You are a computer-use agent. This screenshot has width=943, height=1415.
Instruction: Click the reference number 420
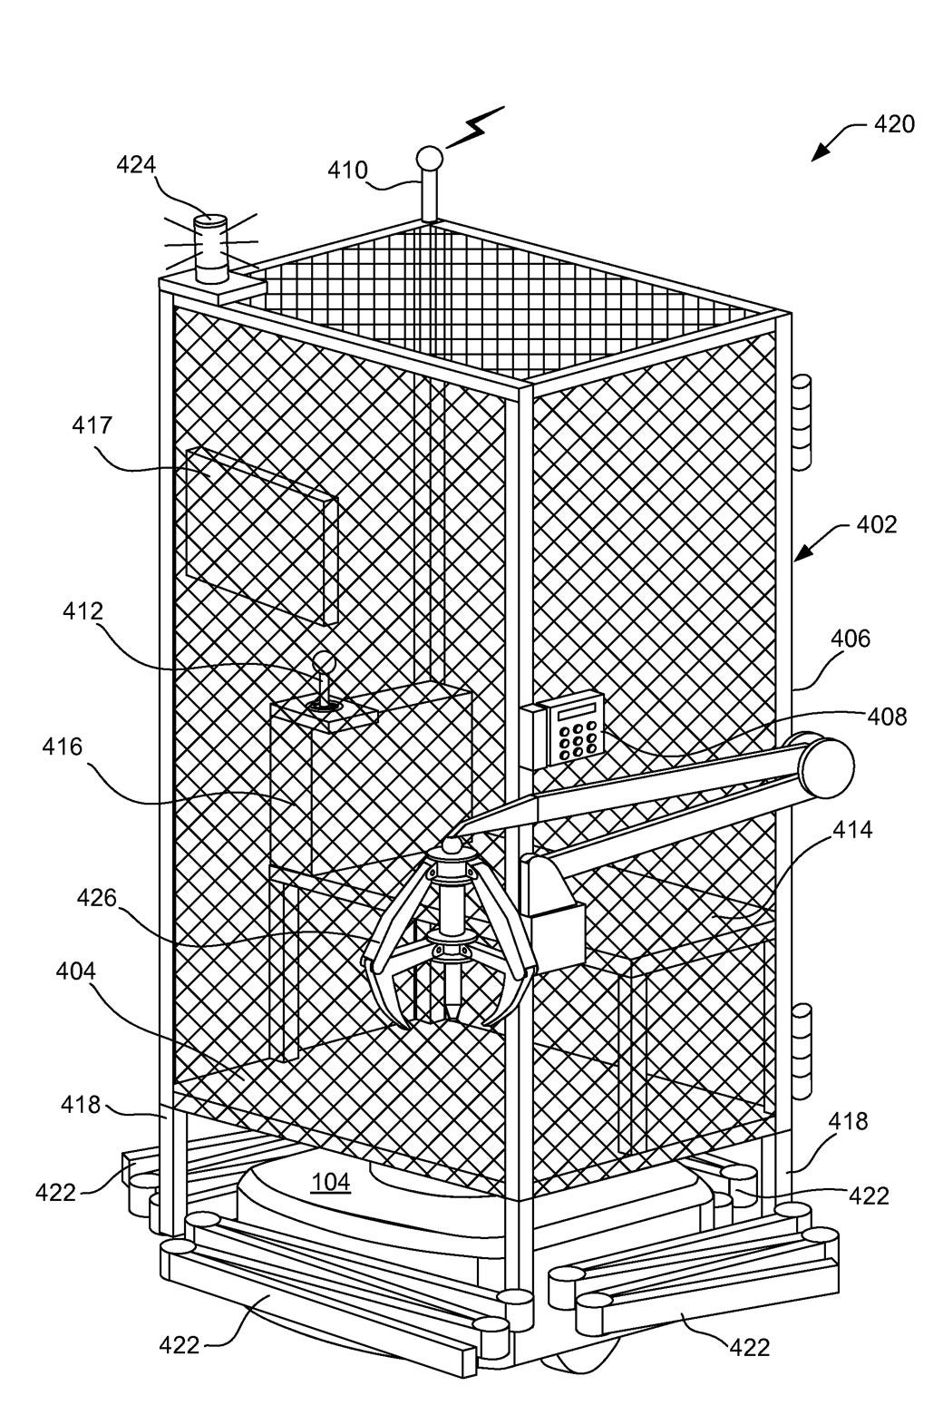[893, 124]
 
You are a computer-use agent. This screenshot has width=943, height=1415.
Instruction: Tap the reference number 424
[136, 165]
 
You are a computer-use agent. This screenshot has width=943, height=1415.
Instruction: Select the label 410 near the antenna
[347, 170]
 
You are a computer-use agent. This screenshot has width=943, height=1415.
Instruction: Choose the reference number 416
[62, 747]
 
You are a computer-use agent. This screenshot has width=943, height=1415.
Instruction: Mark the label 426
[96, 898]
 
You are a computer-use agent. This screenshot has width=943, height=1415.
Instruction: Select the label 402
[876, 524]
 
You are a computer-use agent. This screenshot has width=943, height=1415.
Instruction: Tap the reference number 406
[850, 639]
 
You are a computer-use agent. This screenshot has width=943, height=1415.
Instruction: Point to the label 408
[886, 717]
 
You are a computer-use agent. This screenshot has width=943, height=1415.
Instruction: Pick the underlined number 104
[330, 1181]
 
